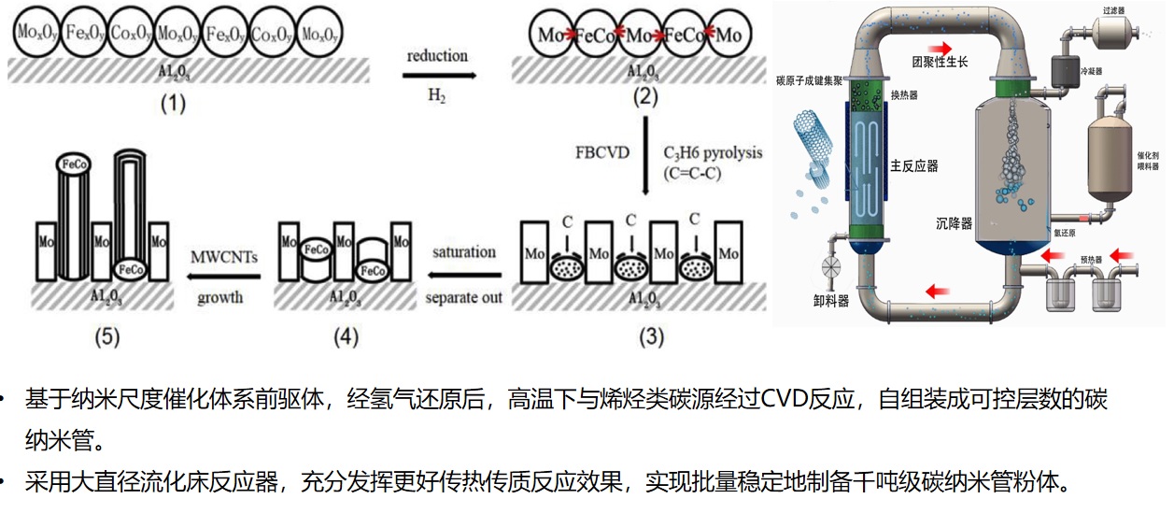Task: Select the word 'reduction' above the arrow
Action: pyautogui.click(x=437, y=56)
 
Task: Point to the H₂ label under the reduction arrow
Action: pyautogui.click(x=437, y=94)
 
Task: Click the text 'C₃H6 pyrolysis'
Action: pyautogui.click(x=712, y=152)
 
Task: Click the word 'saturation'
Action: pyautogui.click(x=464, y=252)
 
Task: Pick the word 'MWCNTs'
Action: pyautogui.click(x=224, y=255)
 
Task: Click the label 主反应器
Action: pyautogui.click(x=913, y=166)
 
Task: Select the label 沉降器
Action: pyautogui.click(x=954, y=223)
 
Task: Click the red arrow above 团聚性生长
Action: pyautogui.click(x=941, y=47)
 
